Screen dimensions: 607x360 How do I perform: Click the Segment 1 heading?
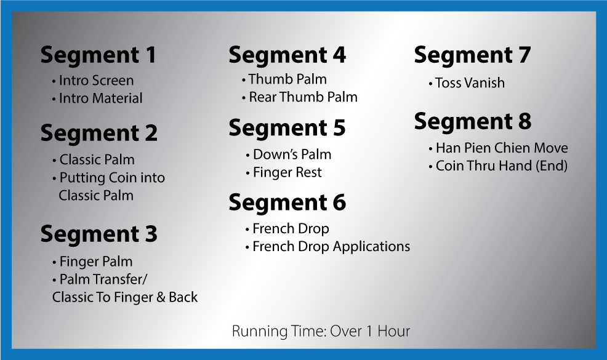point(98,55)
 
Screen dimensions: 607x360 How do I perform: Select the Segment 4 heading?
point(287,55)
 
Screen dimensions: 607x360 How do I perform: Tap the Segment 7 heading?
point(472,55)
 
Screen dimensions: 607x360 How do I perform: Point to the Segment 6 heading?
point(287,202)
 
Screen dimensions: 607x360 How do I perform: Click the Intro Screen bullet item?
point(93,81)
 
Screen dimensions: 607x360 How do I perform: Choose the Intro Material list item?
point(97,98)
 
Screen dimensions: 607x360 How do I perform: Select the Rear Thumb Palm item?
point(300,97)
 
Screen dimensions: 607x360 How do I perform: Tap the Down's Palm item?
point(288,154)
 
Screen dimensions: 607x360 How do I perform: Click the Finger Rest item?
point(284,172)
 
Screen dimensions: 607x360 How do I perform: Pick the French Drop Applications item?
point(328,247)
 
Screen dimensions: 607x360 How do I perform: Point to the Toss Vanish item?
point(467,83)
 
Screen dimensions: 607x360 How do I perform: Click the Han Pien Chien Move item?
point(498,148)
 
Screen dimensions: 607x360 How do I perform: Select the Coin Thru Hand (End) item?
point(498,166)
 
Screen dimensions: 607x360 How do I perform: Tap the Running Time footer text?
point(321,331)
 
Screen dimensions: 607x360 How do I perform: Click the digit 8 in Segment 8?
point(524,122)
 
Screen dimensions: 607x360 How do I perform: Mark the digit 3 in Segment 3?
point(151,234)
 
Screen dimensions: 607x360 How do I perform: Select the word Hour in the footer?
point(394,331)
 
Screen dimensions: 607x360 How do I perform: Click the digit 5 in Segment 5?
point(339,128)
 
